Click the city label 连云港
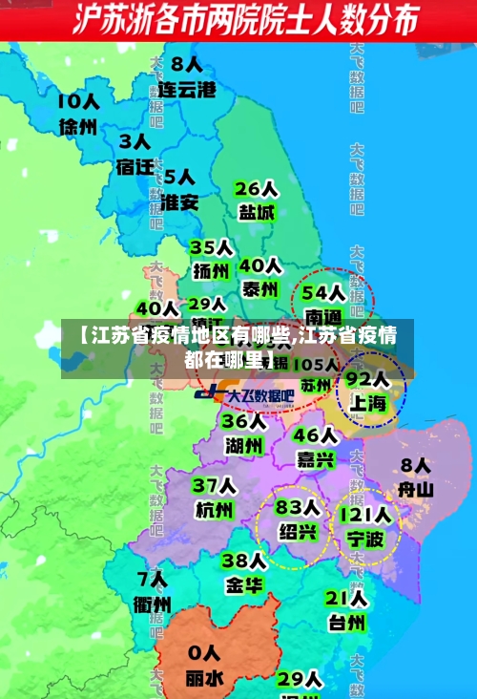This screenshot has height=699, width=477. point(187,90)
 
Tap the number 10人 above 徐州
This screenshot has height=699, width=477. point(78,100)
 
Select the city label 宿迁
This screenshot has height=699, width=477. point(135,166)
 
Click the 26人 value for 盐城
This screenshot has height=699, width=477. point(257,188)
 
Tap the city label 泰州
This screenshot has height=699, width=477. point(259,287)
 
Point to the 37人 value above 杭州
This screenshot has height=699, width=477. point(213,486)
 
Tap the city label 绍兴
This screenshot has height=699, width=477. point(297,531)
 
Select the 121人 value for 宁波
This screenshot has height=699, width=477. point(364,517)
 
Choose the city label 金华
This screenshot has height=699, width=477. point(243,584)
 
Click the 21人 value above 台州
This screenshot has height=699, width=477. point(346,598)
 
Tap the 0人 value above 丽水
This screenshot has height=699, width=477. point(203,654)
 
